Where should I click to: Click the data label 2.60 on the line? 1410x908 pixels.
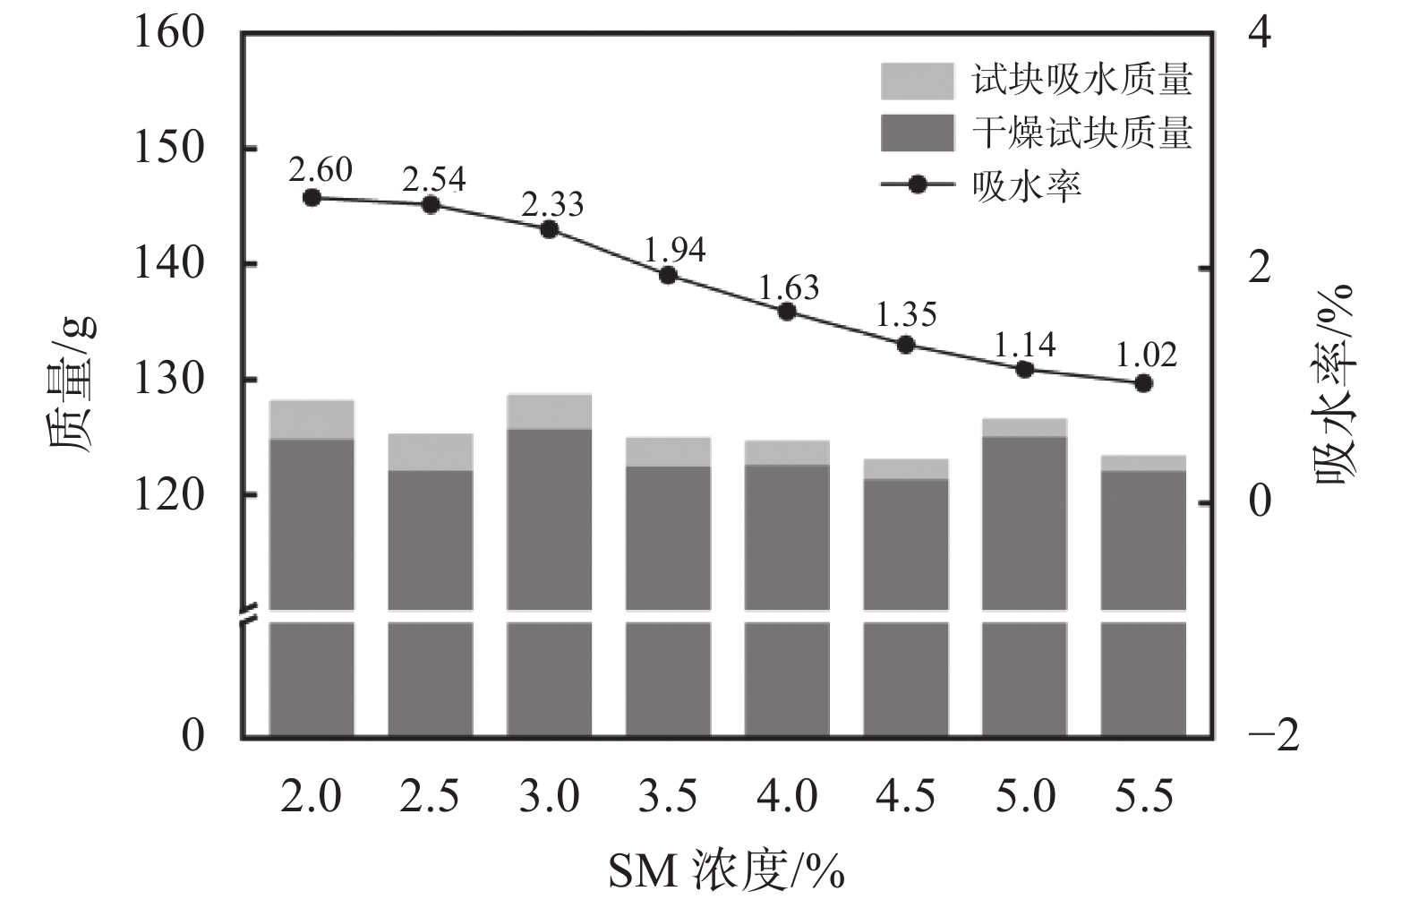(x=320, y=169)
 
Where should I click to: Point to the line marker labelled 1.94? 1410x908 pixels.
(x=668, y=275)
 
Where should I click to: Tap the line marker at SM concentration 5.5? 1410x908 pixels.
(x=1143, y=383)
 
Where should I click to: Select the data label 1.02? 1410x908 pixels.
(x=1147, y=355)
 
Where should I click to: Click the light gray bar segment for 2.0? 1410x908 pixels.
(x=312, y=419)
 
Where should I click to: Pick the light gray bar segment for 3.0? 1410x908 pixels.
(x=550, y=411)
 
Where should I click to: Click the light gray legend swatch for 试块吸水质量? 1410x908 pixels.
(x=917, y=81)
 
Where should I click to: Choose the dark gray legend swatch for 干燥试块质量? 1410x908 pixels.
(x=917, y=133)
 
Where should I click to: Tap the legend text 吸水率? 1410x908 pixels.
(x=1027, y=185)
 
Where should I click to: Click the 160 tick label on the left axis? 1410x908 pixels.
(x=169, y=34)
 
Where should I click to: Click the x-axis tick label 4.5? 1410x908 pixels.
(x=906, y=796)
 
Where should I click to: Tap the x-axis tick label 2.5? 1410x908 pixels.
(x=431, y=796)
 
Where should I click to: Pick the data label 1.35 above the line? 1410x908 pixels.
(x=906, y=315)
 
